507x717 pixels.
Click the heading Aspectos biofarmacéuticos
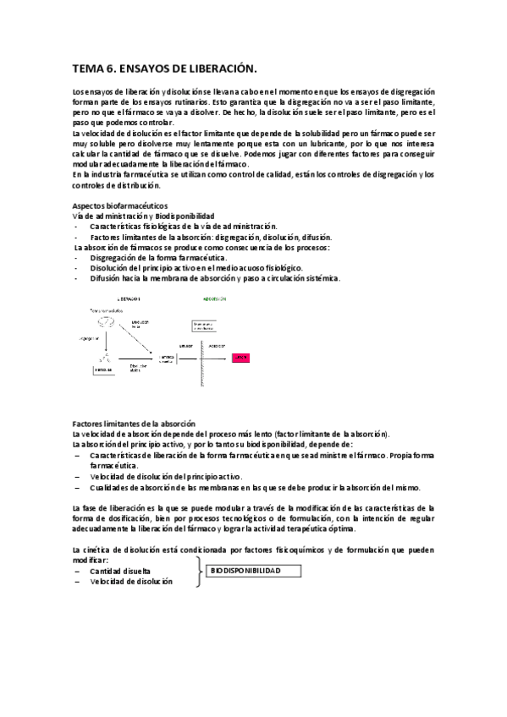pyautogui.click(x=120, y=205)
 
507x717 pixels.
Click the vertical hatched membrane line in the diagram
pyautogui.click(x=202, y=347)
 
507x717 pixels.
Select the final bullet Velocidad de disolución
pyautogui.click(x=131, y=582)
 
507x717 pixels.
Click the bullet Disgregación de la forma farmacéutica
pyautogui.click(x=158, y=257)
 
